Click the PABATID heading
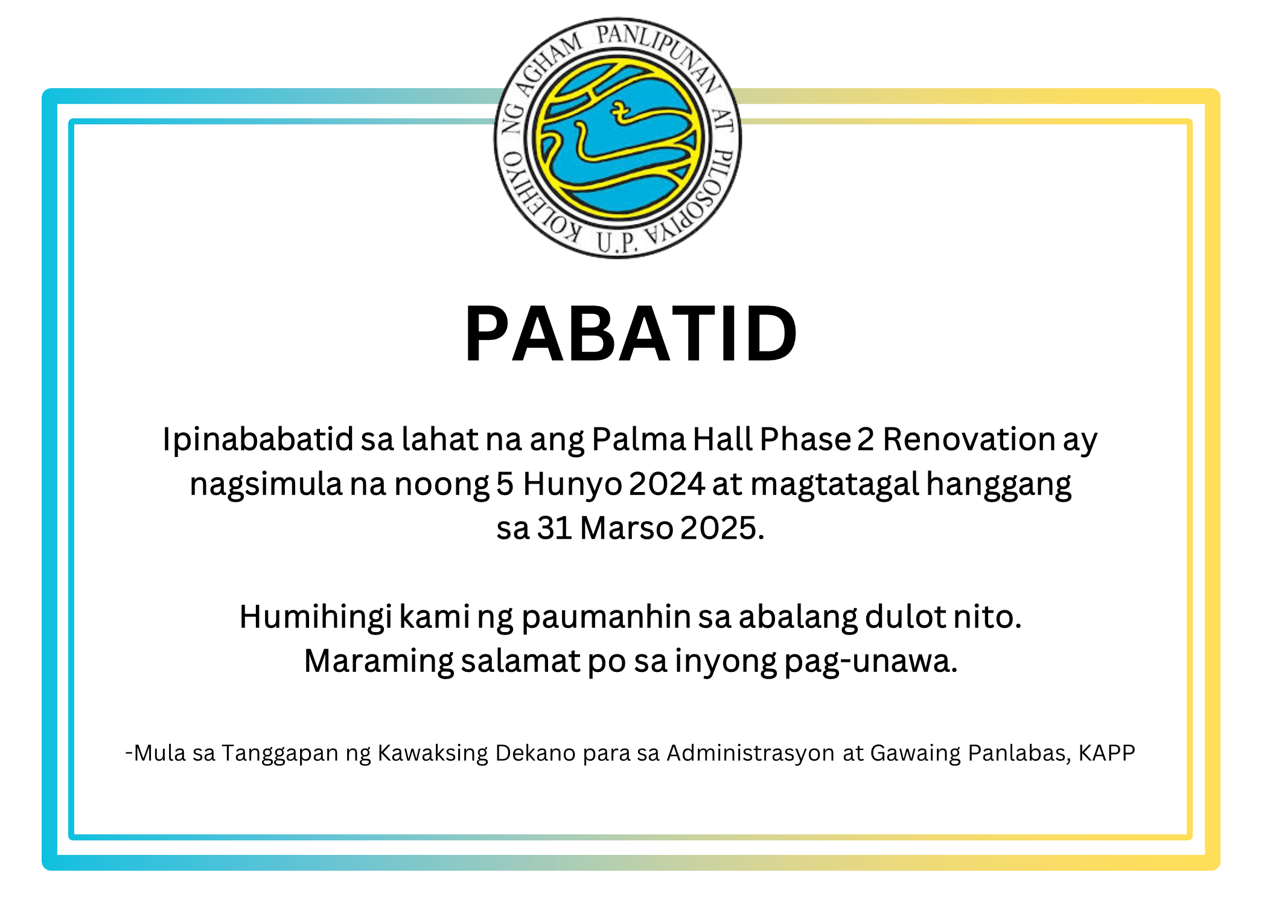(x=631, y=334)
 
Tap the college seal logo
(x=617, y=138)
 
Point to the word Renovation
(x=969, y=439)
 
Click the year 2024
(x=667, y=484)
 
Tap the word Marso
(x=627, y=528)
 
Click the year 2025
(x=723, y=528)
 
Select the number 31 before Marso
(x=555, y=528)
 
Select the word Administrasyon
(x=751, y=753)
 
